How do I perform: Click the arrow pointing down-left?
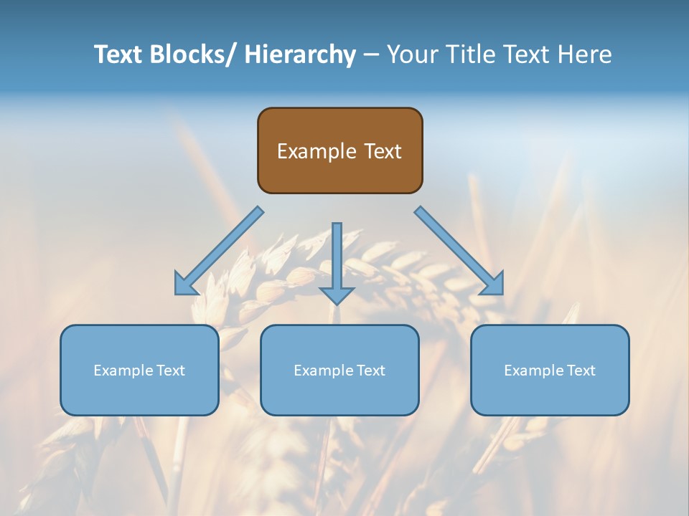(219, 251)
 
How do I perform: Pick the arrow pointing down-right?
(459, 251)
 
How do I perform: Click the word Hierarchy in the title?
(300, 54)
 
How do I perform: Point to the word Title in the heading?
(472, 54)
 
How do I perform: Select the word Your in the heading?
(413, 54)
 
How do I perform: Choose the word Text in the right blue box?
(581, 371)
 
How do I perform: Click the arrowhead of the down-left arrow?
(185, 285)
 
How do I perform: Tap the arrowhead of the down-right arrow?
(493, 284)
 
